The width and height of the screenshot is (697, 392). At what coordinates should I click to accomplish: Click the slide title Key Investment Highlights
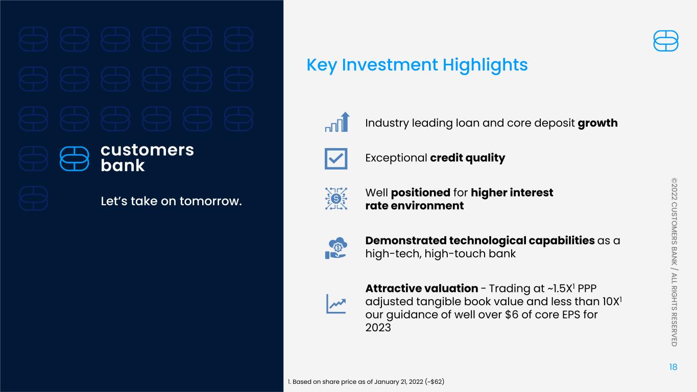coord(417,65)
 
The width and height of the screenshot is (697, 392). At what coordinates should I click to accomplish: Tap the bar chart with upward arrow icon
coord(338,122)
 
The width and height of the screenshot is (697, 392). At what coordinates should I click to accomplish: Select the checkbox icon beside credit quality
coord(336,159)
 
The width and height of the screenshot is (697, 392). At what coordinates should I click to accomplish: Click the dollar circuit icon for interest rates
coord(336,199)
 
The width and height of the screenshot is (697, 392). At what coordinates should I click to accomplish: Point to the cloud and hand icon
coord(336,248)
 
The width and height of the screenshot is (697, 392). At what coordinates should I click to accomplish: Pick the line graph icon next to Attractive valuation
coord(336,304)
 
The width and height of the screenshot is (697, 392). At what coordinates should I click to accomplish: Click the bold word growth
coord(597,123)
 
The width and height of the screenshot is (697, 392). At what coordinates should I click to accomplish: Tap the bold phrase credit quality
coord(467,158)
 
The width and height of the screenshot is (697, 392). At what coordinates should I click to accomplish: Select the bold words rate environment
coord(415,206)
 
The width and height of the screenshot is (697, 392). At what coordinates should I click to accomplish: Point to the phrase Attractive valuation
coord(422,288)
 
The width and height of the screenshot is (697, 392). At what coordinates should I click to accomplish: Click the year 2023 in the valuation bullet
coord(378,328)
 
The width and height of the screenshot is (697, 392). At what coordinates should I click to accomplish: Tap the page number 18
coord(673,367)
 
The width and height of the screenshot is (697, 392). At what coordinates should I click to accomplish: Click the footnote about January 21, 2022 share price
coord(366,382)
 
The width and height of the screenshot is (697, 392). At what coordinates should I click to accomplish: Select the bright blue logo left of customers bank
coord(75,159)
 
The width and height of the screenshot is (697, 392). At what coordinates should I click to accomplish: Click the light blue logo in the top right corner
coord(666,41)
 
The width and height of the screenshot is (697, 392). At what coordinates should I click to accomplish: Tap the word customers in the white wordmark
coord(147,150)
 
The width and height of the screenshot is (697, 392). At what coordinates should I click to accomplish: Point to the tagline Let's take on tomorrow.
coord(171,201)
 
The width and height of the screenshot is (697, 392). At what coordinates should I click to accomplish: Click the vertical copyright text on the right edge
coord(674,262)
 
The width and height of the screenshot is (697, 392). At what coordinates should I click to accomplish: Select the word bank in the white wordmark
coord(123,165)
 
